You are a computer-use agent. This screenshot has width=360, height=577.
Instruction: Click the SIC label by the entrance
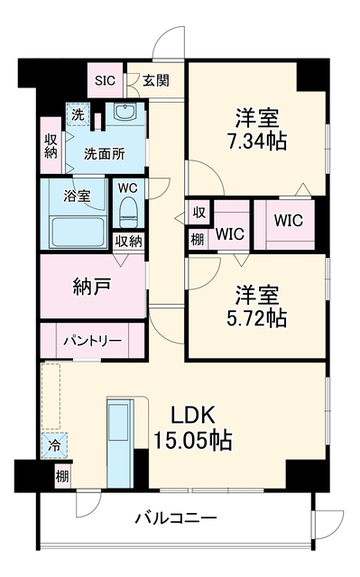(x=105, y=80)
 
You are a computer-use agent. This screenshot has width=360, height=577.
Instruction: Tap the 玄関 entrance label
(x=156, y=80)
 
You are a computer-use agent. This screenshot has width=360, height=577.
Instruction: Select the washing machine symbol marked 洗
(x=78, y=114)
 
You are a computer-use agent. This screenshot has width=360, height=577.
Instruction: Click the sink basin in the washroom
(x=125, y=111)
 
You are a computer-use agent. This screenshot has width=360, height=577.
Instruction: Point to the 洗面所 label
(x=105, y=153)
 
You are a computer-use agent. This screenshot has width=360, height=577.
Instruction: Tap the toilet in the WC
(x=128, y=213)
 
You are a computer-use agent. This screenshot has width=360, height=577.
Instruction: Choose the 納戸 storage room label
(x=92, y=287)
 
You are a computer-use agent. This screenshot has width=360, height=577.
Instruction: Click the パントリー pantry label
(x=92, y=341)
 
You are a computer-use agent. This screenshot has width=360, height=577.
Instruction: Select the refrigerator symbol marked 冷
(x=54, y=446)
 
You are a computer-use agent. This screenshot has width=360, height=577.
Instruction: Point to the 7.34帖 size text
(x=257, y=141)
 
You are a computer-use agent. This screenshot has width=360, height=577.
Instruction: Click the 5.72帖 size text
(x=256, y=317)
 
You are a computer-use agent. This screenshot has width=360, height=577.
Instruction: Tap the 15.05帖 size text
(x=192, y=439)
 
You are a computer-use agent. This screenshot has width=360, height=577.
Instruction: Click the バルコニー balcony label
(x=176, y=518)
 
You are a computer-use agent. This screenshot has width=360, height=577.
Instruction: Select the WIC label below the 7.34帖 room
(x=289, y=220)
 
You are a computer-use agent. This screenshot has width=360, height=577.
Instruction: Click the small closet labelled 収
(x=199, y=213)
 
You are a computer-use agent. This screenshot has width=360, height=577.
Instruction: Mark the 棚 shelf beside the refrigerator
(x=62, y=477)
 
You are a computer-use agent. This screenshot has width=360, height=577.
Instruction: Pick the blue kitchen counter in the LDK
(x=120, y=444)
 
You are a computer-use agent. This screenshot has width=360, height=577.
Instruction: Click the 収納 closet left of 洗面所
(x=51, y=146)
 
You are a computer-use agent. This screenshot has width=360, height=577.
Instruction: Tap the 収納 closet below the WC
(x=128, y=242)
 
